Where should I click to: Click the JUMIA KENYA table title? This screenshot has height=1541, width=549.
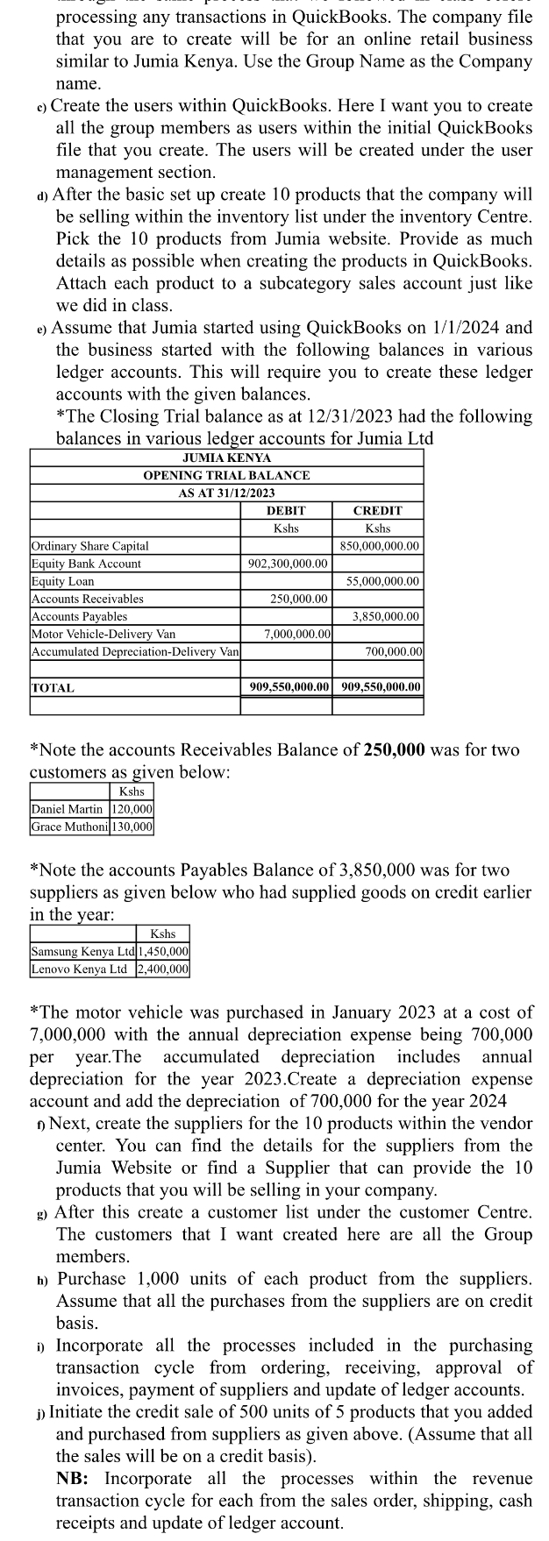(226, 458)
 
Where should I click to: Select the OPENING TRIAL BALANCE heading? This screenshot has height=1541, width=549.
(226, 474)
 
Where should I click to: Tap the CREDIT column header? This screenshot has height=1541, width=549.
(377, 510)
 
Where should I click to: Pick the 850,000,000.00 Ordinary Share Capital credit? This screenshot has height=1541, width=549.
(377, 546)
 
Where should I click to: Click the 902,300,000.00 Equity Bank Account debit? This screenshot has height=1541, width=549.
(288, 564)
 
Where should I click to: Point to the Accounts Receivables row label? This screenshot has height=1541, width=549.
(87, 599)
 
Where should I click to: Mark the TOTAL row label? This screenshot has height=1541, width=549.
(53, 688)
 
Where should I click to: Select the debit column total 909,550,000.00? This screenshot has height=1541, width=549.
(288, 687)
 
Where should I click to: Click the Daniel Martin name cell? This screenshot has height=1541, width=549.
(67, 809)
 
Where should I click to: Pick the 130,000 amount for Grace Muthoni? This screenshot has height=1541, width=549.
(132, 827)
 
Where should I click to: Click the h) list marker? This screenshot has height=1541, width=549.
(42, 1280)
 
